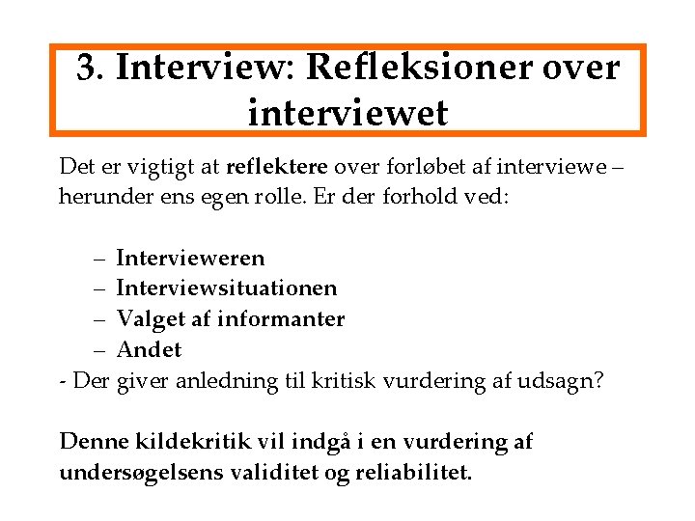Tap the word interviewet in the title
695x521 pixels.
(x=347, y=113)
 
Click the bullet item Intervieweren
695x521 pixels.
(x=190, y=259)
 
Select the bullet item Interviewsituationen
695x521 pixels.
(x=227, y=288)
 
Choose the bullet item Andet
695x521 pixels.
(x=149, y=348)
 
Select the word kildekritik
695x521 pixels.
(x=178, y=442)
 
